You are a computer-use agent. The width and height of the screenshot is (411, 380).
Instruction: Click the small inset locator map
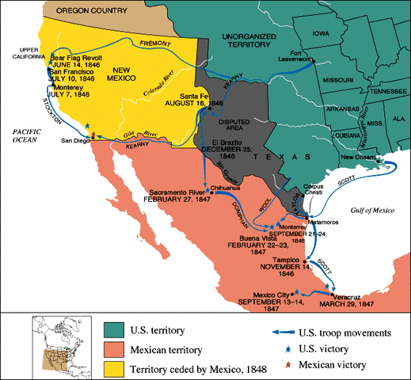click(60, 344)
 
